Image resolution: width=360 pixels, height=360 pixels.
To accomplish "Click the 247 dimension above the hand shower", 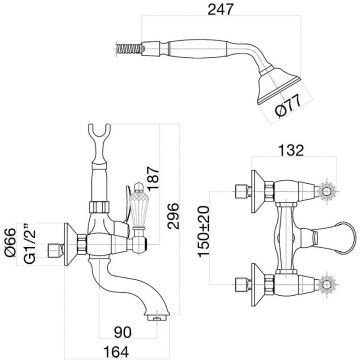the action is [x=220, y=9].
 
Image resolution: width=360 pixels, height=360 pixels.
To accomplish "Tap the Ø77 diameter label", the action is [x=289, y=106].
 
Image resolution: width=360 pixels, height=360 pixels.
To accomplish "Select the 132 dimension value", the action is [x=291, y=150].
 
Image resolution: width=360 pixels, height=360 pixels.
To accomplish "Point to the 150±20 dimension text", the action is [x=203, y=231].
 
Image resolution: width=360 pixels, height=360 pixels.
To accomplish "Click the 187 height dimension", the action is [x=154, y=178].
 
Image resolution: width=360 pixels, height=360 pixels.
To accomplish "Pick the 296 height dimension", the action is [x=173, y=216].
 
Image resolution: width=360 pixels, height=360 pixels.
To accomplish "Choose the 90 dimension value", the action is [x=123, y=332].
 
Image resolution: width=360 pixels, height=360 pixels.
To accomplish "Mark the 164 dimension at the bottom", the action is [x=116, y=352].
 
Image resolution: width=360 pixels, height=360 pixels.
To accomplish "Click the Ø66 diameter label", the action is [x=10, y=242].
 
